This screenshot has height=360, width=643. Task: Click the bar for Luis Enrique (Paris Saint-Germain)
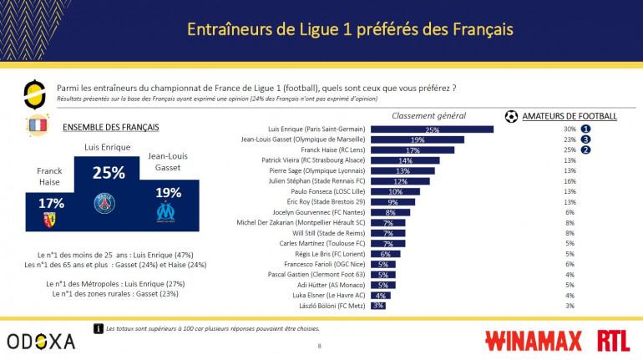(431, 129)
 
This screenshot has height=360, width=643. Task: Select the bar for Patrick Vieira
(404, 160)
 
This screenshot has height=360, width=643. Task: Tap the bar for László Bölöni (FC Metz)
(377, 306)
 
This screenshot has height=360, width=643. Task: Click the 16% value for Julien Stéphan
(570, 180)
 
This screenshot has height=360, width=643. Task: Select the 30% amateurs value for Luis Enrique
(570, 129)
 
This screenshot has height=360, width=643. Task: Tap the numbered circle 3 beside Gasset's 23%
(586, 139)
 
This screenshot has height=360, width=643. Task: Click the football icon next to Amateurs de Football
(511, 116)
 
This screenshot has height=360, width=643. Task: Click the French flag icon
(38, 126)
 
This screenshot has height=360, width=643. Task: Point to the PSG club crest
(105, 203)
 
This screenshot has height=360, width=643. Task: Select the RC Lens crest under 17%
(49, 219)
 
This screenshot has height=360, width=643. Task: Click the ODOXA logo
(41, 340)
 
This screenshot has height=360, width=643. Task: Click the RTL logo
(614, 340)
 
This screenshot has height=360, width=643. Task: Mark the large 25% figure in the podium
(109, 173)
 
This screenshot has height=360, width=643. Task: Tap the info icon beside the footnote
(99, 328)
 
